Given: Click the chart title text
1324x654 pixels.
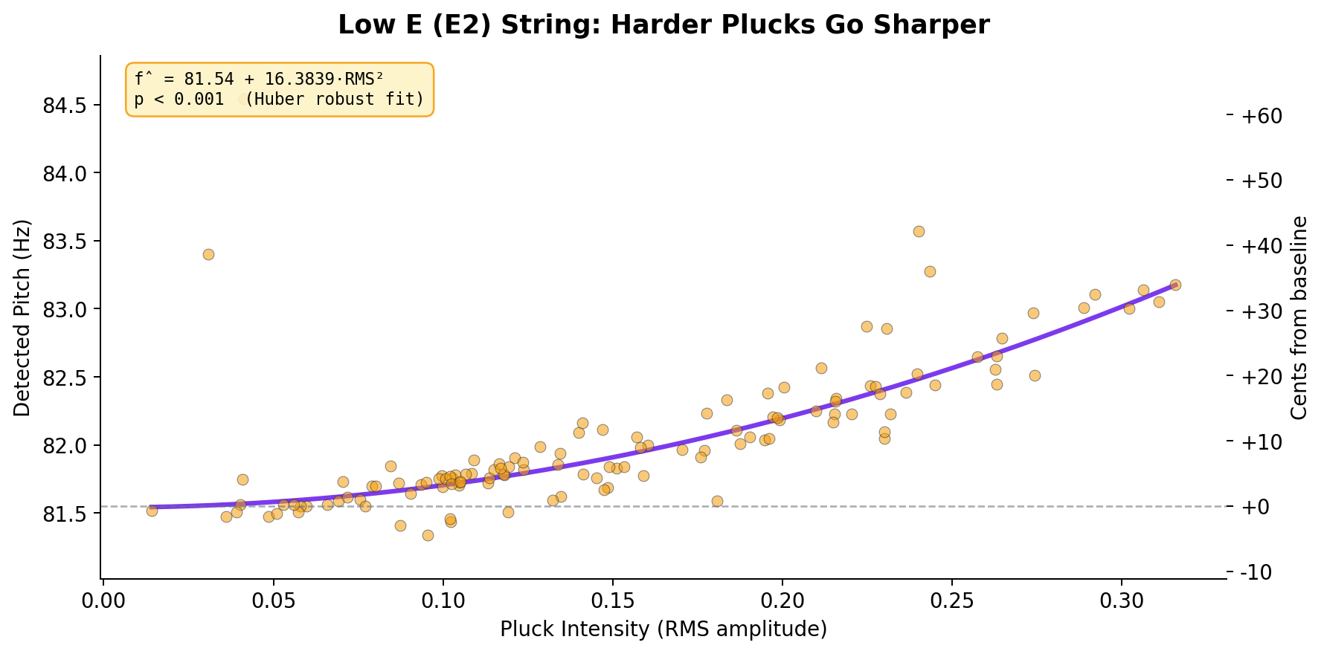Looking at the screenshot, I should [663, 25].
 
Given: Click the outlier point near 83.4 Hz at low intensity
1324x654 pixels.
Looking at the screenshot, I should [208, 254].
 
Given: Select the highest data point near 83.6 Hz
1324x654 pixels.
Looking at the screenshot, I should [919, 231].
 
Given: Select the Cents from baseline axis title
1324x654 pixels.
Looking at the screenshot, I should [1299, 317].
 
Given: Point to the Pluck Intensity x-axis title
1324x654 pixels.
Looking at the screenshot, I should [663, 629].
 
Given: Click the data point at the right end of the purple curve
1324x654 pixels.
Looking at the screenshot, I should [1175, 285].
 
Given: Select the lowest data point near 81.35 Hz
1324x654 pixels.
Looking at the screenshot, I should [428, 535].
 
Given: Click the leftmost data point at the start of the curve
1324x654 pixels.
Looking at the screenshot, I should [152, 511].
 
